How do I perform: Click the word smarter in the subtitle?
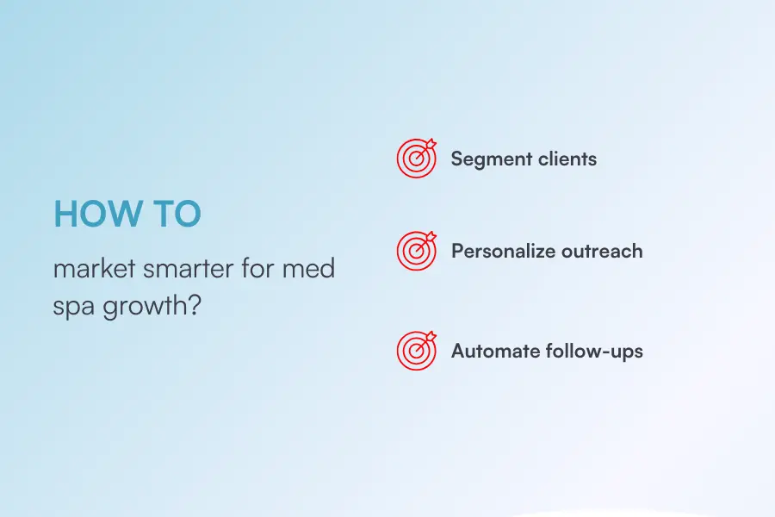(x=189, y=270)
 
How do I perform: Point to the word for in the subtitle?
(x=257, y=268)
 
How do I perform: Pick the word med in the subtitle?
(x=308, y=268)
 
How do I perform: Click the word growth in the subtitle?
(x=146, y=306)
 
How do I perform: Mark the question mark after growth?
(x=195, y=305)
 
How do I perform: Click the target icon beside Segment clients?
(x=417, y=158)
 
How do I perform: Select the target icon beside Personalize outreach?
(x=417, y=251)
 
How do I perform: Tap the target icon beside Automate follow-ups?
(x=417, y=351)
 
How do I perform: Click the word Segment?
(x=492, y=159)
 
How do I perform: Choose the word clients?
(x=567, y=159)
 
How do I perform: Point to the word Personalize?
(x=504, y=251)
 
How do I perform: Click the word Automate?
(x=496, y=352)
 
